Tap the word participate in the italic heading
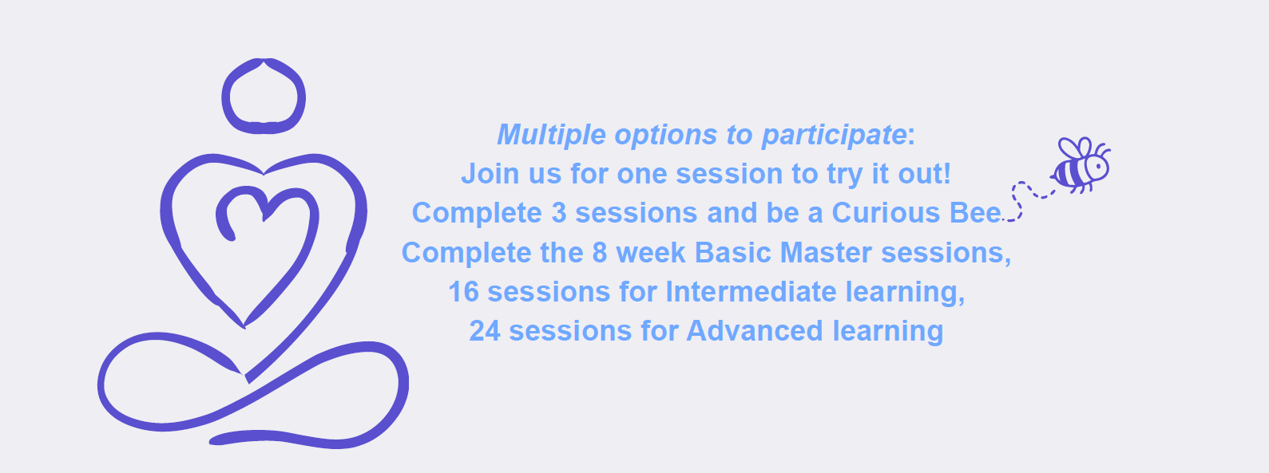[x=834, y=136]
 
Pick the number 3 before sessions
[x=558, y=213]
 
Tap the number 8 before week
[x=600, y=252]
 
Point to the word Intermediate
[x=751, y=292]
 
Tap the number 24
[x=485, y=331]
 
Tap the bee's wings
[x=1076, y=148]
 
